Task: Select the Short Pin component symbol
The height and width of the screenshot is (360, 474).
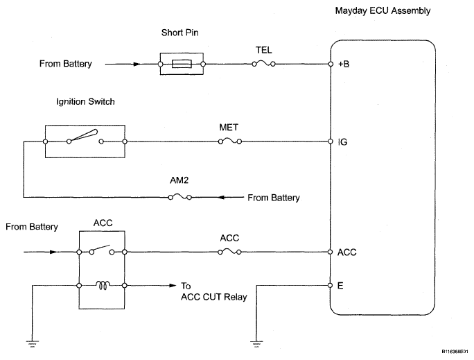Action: tap(182, 64)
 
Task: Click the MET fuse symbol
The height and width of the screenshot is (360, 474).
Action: tap(230, 142)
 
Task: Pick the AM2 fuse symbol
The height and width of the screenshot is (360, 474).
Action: tap(181, 198)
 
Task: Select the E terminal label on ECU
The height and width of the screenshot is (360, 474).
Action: tap(341, 285)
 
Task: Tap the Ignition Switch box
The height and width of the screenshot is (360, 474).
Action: tap(85, 142)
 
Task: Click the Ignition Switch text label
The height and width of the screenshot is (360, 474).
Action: tap(85, 101)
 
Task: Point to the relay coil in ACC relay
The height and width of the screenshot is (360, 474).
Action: tap(103, 284)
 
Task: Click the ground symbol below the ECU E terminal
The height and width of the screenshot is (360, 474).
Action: tap(258, 342)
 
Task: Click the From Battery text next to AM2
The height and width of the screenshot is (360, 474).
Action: tap(273, 198)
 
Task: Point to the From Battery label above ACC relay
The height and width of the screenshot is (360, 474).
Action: tap(32, 227)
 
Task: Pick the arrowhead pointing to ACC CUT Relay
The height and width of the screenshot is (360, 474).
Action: tap(170, 285)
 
